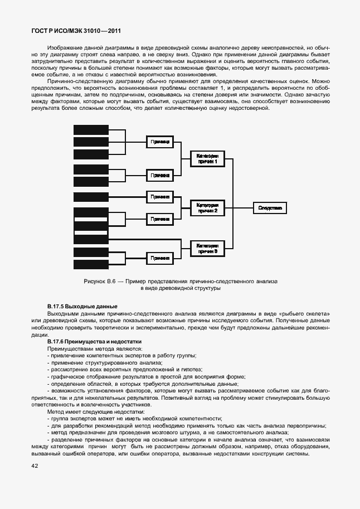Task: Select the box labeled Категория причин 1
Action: click(207, 158)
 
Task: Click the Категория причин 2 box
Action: click(207, 208)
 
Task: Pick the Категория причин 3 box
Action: click(207, 248)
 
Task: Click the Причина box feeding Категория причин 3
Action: click(160, 258)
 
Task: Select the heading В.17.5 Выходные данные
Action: click(82, 307)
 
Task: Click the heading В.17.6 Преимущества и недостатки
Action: click(95, 341)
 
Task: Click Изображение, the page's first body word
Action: click(65, 48)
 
